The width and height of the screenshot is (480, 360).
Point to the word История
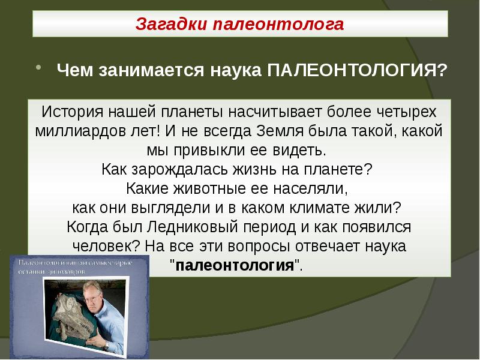click(x=69, y=112)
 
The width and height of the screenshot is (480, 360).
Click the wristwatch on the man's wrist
click(x=106, y=346)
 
